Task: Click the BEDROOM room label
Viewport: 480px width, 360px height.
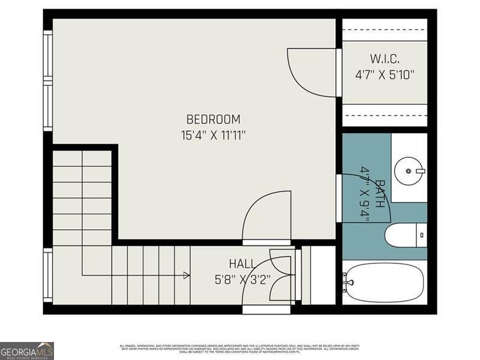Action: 213,119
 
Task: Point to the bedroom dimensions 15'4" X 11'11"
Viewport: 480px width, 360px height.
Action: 213,135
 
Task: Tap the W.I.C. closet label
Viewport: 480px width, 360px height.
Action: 385,59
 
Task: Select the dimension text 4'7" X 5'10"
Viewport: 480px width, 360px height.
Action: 385,75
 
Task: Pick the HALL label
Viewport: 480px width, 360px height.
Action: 242,263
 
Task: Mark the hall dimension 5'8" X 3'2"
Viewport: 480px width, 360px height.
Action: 242,279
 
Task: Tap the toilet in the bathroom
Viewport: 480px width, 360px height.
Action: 402,235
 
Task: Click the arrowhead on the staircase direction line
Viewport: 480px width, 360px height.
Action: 187,275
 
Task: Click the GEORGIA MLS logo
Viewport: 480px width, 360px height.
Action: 27,350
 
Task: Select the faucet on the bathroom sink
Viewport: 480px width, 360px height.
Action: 420,171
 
